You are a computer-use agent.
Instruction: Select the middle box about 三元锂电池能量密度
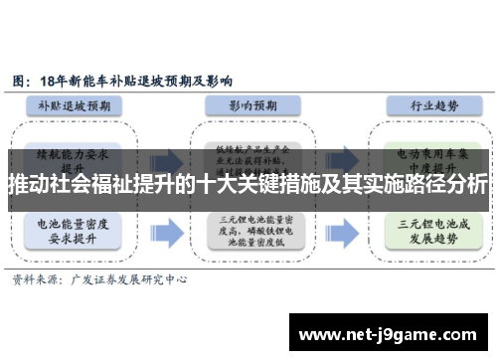(251, 231)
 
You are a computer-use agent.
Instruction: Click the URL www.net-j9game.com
(392, 333)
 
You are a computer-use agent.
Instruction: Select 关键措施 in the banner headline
(287, 184)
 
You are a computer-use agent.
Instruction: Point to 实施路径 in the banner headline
(395, 184)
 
